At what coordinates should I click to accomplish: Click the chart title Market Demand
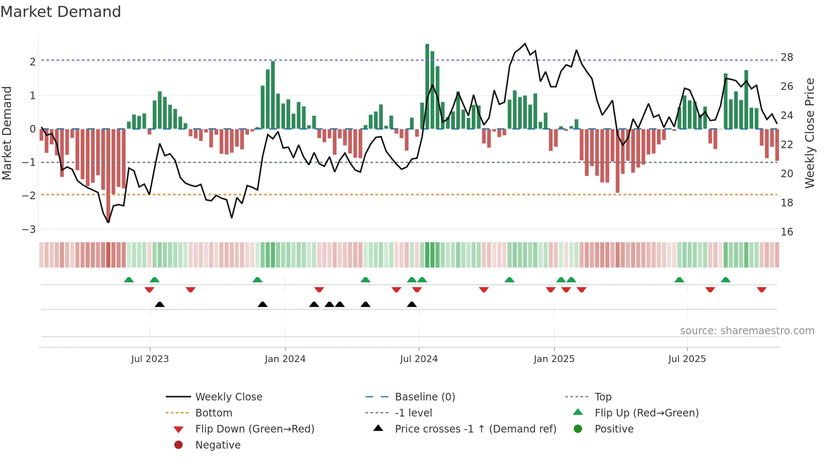(61, 12)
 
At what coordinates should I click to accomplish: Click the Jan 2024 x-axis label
(285, 359)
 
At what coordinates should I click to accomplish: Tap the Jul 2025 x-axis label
(686, 359)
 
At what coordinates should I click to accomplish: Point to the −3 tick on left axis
(29, 230)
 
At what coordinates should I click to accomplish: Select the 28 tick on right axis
(786, 57)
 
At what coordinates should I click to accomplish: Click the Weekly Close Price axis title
(809, 133)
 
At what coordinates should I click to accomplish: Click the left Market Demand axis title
(7, 133)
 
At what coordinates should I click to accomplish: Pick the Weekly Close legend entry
(228, 397)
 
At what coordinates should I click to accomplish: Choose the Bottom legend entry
(214, 413)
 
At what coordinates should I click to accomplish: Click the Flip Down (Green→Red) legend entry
(254, 429)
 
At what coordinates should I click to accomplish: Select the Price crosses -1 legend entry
(475, 429)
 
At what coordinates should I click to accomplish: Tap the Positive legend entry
(613, 429)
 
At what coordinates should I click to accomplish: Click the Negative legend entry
(218, 445)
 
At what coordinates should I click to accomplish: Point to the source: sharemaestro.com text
(747, 331)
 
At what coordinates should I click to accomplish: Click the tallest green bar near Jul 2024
(427, 87)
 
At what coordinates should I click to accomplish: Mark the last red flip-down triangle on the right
(761, 289)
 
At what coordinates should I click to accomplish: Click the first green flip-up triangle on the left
(129, 280)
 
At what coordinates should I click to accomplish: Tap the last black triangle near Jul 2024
(412, 304)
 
